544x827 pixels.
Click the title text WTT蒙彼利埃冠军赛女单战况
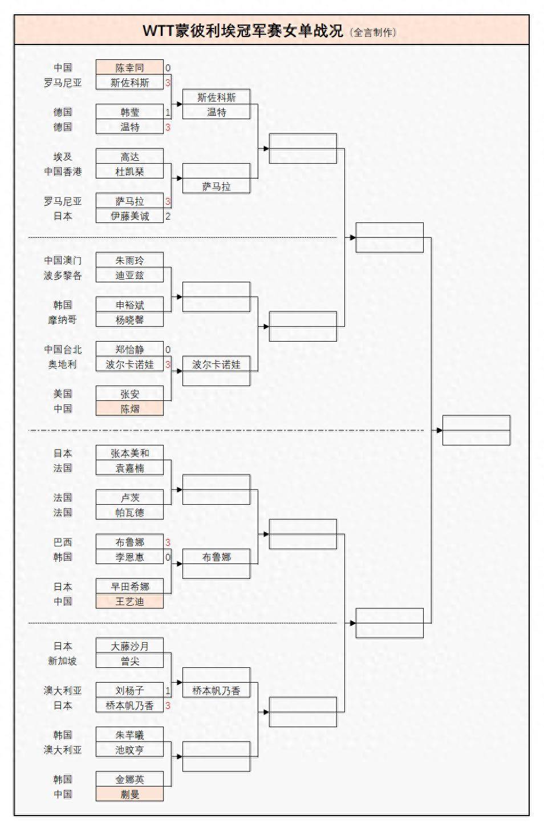(x=243, y=31)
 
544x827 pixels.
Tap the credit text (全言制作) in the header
(x=373, y=33)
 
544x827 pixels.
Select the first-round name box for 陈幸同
(x=129, y=68)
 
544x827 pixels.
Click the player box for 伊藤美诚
(x=129, y=216)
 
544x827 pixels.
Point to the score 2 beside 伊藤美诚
(x=168, y=216)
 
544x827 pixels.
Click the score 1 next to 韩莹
(x=168, y=112)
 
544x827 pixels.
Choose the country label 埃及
(x=63, y=157)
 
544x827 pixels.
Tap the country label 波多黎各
(x=63, y=275)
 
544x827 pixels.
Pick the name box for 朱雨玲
(x=129, y=261)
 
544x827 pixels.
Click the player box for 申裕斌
(x=129, y=305)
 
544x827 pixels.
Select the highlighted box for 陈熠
(x=129, y=409)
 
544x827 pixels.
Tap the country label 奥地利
(x=63, y=364)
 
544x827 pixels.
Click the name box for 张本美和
(x=129, y=453)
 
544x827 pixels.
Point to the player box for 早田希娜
(x=129, y=587)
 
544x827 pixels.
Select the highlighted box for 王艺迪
(x=129, y=602)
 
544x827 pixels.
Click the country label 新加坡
(x=63, y=661)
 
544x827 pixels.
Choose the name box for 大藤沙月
(x=129, y=646)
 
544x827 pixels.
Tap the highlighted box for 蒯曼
(x=129, y=794)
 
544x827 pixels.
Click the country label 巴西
(x=63, y=542)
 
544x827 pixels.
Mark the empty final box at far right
(x=476, y=431)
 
